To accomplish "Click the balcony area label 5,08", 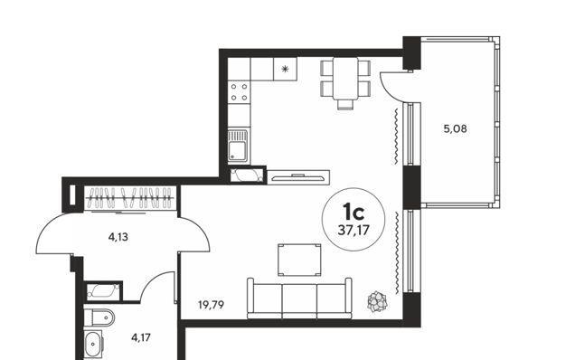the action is (x=455, y=129).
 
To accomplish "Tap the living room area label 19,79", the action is (x=211, y=305).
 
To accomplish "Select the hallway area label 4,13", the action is (x=118, y=237).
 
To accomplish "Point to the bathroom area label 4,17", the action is (x=141, y=337).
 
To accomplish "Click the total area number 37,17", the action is (x=353, y=230).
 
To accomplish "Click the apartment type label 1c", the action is (x=353, y=212).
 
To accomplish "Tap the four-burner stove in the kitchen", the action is (x=239, y=92).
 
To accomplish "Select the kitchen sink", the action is (x=239, y=145).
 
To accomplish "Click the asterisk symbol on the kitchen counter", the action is (x=285, y=69).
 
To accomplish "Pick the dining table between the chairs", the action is (x=345, y=79).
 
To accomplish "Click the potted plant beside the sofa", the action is (x=377, y=301).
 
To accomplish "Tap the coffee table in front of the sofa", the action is (x=299, y=260).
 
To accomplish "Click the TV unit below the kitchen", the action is (x=298, y=177).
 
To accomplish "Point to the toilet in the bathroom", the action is (x=99, y=317).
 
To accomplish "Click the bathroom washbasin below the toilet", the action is (x=93, y=344).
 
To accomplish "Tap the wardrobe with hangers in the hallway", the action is (x=130, y=198).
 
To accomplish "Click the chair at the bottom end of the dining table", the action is (x=345, y=105).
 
